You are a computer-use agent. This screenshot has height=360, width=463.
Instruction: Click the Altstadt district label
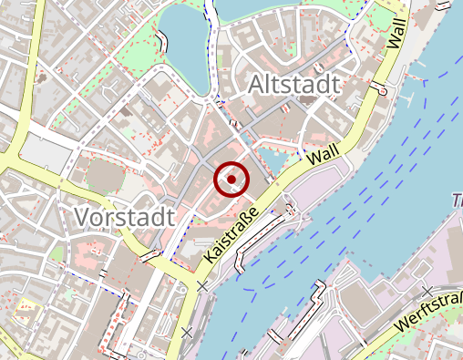[x=293, y=86]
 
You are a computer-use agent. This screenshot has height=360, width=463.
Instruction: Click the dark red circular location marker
[x=231, y=179]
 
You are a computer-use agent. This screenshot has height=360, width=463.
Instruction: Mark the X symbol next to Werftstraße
[x=427, y=291]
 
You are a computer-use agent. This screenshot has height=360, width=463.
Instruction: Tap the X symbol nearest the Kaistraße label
[x=201, y=286]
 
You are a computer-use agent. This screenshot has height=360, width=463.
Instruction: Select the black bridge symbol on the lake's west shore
[x=162, y=41]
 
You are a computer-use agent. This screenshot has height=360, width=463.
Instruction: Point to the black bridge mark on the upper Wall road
[x=382, y=88]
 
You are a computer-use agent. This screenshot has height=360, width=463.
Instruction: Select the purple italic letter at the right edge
[x=458, y=200]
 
